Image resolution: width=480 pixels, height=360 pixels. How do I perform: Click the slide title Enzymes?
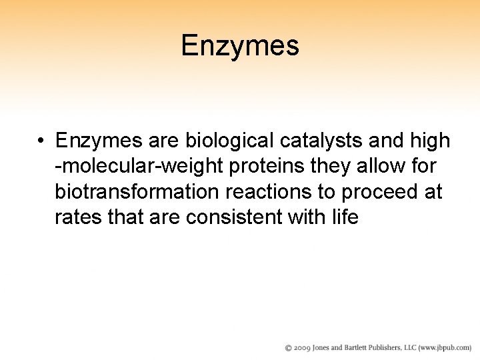point(240,46)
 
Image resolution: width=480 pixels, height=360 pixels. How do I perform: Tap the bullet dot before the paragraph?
point(41,141)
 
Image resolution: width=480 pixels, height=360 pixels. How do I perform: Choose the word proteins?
point(263,166)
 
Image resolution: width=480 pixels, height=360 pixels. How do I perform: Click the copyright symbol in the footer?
point(289,348)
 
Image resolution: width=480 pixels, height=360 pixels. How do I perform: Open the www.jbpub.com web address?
point(447,348)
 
